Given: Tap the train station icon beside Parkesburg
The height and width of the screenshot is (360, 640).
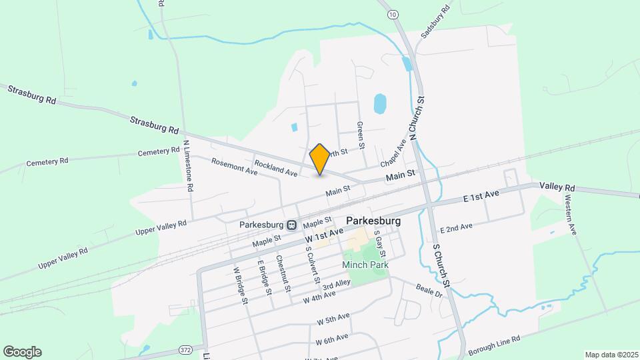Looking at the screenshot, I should coord(291,225).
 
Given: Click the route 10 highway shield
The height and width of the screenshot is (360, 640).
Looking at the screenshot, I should coord(393,14).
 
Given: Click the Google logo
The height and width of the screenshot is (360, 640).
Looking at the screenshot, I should coord(22,352).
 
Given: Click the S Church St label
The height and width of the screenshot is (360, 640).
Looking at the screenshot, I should coord(443,264).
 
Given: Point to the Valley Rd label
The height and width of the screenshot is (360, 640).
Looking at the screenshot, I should coord(557,186).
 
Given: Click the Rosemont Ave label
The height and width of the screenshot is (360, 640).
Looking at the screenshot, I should coord(234,167).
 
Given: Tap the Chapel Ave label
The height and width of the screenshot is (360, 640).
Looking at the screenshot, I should coord(393,156).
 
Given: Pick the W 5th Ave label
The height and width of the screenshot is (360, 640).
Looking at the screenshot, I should coord(333,319).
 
